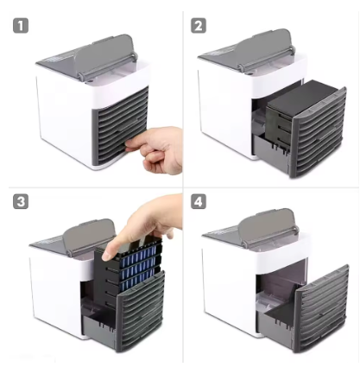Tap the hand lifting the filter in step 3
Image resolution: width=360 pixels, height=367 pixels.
[142, 225]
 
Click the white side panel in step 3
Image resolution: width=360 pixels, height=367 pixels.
[54, 298]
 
